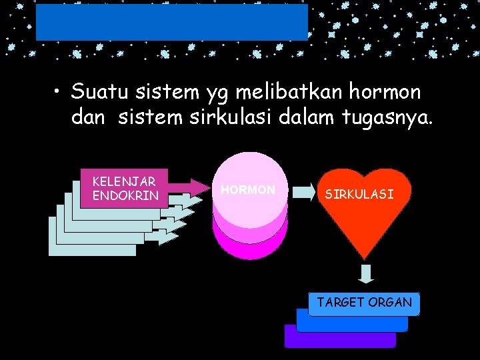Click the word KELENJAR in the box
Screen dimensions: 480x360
coord(123,181)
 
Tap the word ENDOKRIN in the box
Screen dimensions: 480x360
coord(125,195)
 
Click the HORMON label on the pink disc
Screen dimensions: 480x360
coord(248,190)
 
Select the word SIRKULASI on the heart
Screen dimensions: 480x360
coord(359,195)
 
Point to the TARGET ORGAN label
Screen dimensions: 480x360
coord(364,302)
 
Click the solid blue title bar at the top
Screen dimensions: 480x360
coord(171,23)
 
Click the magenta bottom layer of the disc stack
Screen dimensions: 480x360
coord(250,247)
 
